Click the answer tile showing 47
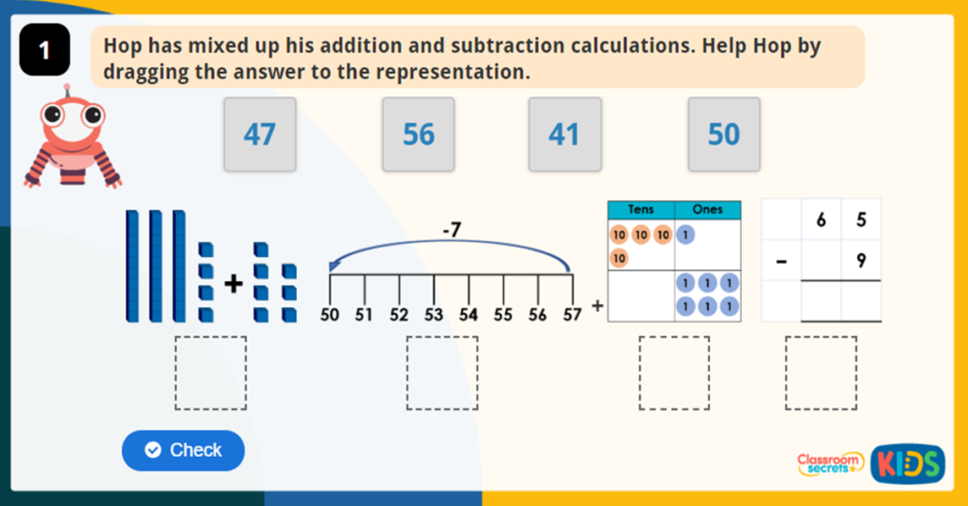[x=260, y=134]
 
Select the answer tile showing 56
[x=419, y=134]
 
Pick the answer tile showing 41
[x=564, y=134]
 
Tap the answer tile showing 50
[x=724, y=134]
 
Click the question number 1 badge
[x=45, y=51]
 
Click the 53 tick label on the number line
[x=433, y=315]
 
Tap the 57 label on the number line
[x=572, y=315]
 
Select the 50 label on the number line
[x=330, y=315]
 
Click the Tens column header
[x=640, y=210]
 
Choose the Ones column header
[x=707, y=210]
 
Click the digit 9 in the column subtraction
[x=860, y=261]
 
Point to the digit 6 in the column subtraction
[x=821, y=220]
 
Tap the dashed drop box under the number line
[x=442, y=373]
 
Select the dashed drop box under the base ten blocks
[x=211, y=373]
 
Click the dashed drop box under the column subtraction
[x=821, y=373]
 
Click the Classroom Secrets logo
[x=830, y=462]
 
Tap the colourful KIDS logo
[x=907, y=463]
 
